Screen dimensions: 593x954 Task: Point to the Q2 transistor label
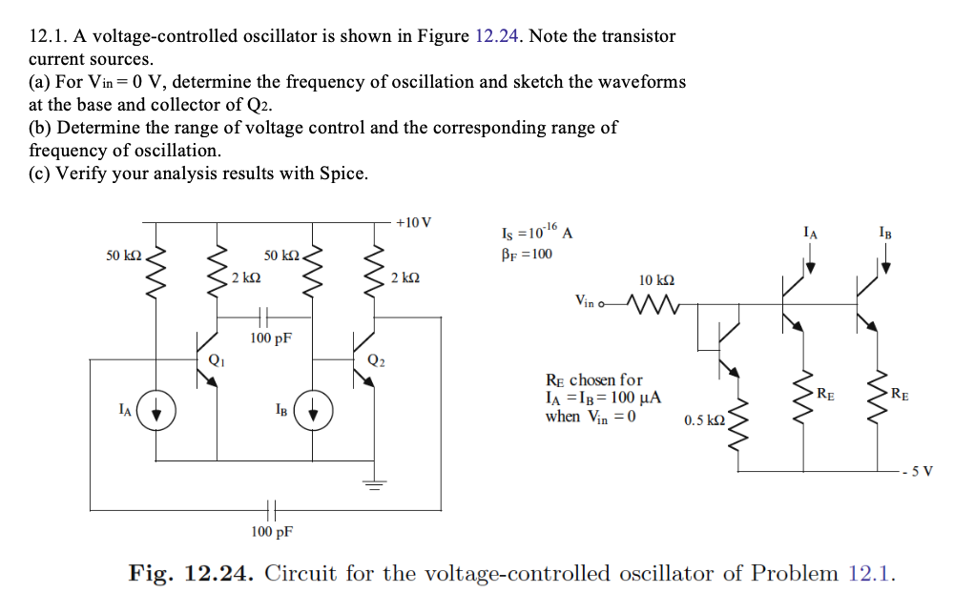point(376,360)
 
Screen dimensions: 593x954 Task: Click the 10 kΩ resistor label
point(657,280)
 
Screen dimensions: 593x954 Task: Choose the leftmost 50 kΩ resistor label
point(124,256)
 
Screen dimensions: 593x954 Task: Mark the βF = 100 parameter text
point(526,254)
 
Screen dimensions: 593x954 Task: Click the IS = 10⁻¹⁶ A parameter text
point(535,232)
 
